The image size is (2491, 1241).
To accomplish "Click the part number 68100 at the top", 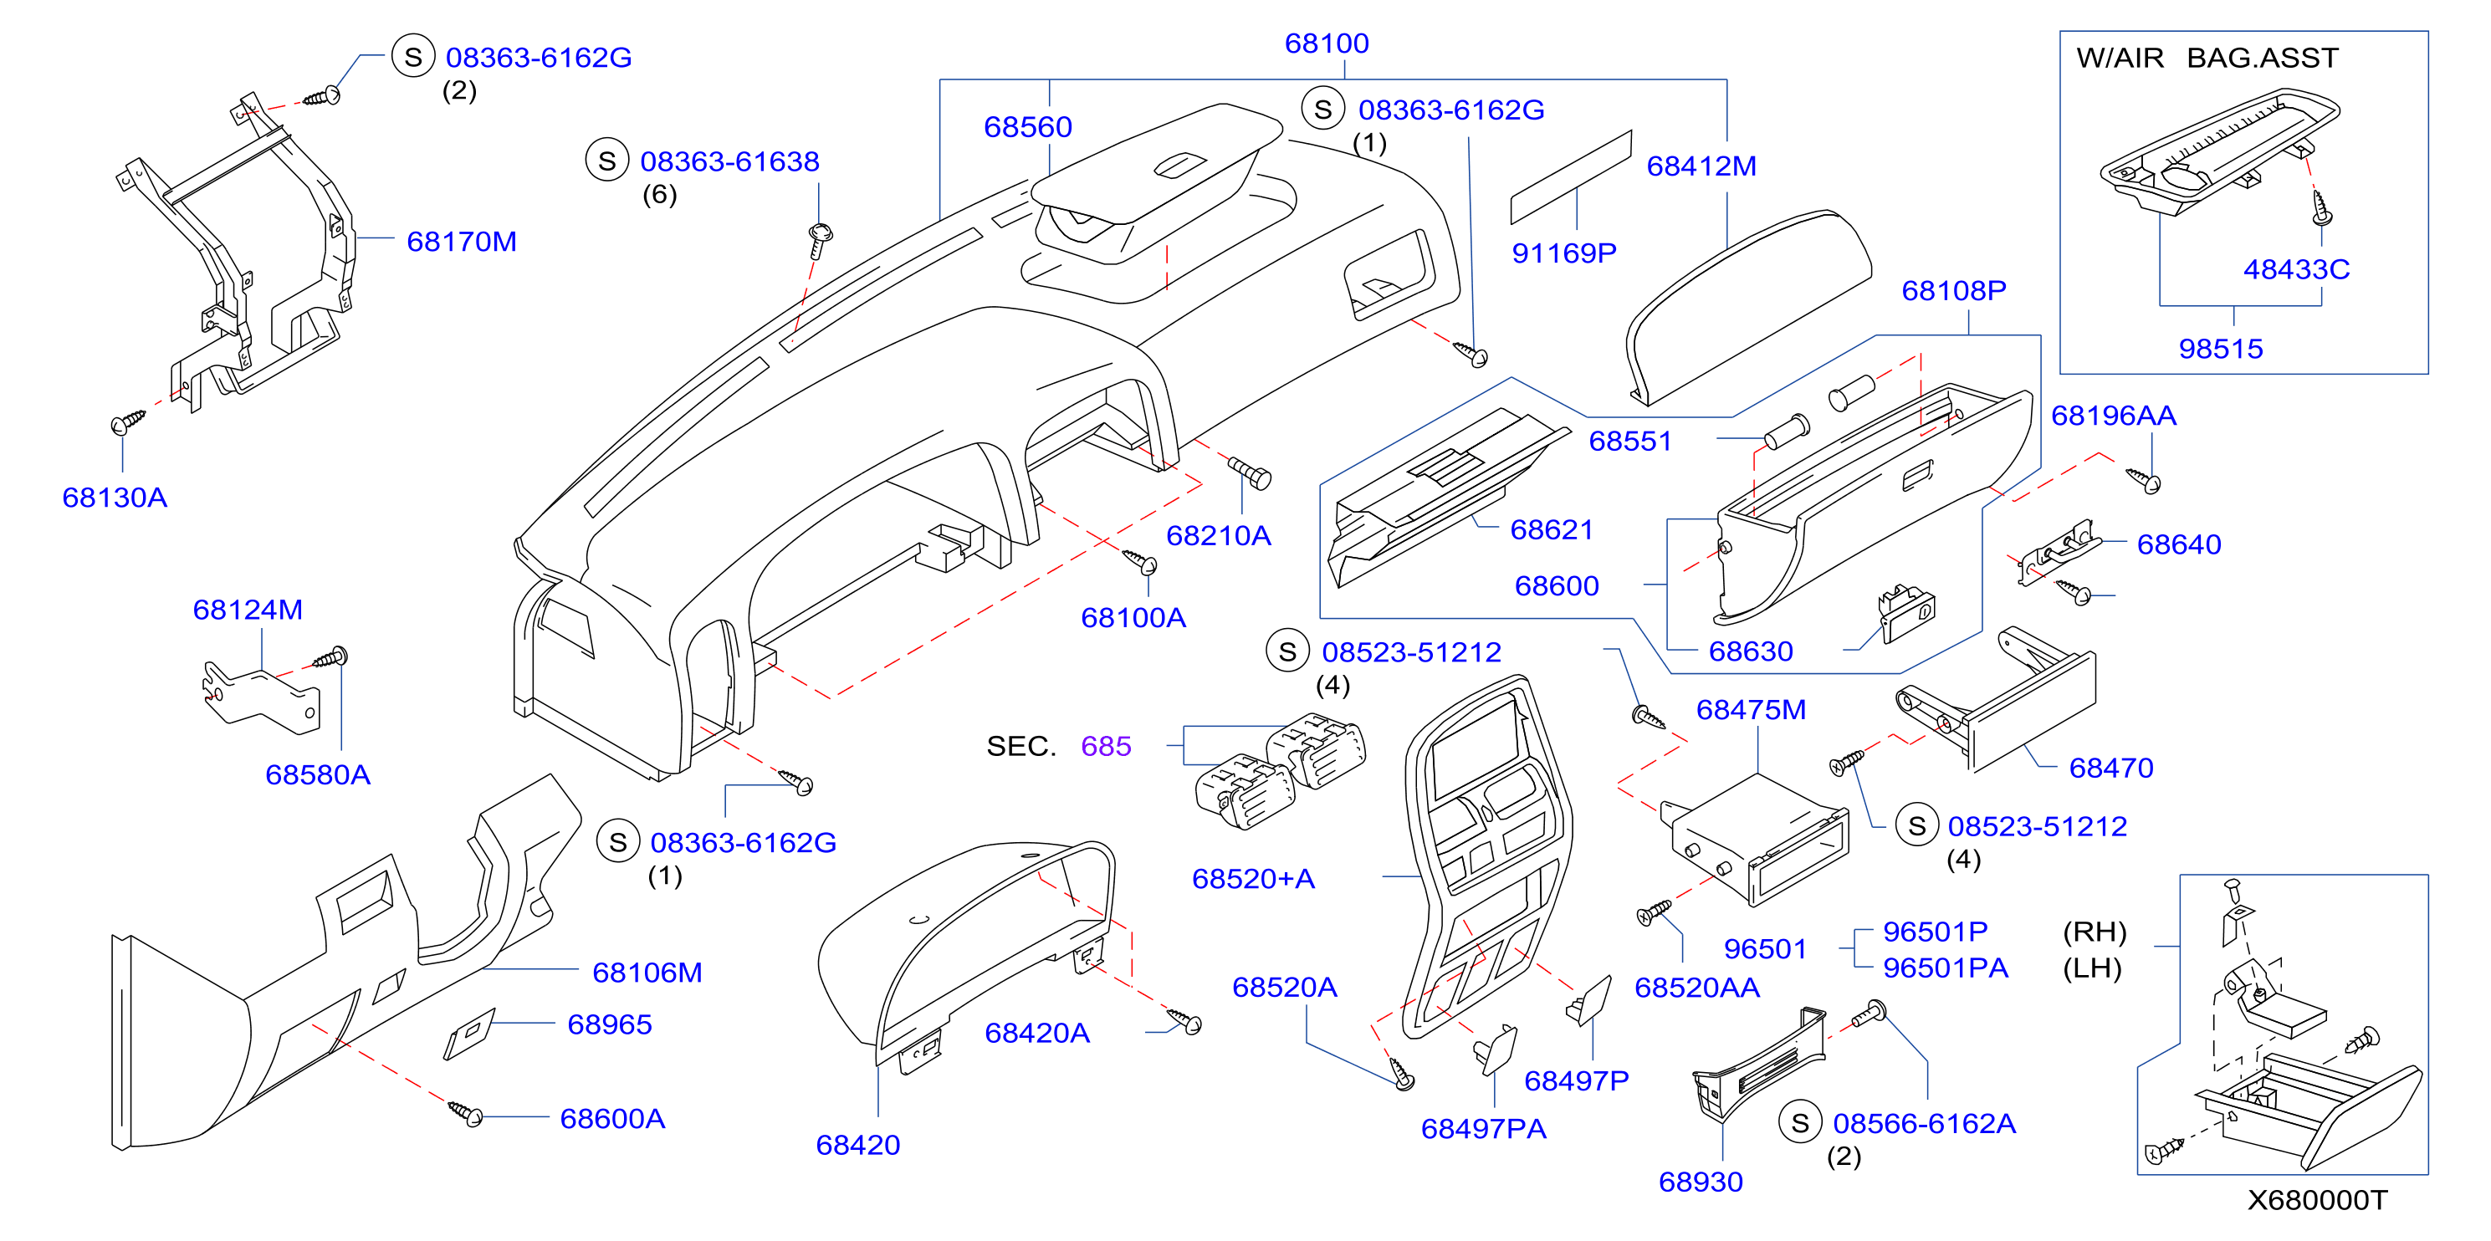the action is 1326,43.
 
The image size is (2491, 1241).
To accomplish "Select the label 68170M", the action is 461,242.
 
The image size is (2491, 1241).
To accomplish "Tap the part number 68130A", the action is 114,498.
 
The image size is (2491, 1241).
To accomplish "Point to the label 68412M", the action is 1701,166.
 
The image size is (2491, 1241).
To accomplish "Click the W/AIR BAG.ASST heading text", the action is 2207,58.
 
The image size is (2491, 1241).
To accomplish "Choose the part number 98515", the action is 2220,349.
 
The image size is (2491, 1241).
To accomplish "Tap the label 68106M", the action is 647,973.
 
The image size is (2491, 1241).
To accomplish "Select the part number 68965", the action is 609,1024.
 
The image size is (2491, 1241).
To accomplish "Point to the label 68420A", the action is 1036,1034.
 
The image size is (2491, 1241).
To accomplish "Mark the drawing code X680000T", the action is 2317,1200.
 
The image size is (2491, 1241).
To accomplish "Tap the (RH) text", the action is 2095,932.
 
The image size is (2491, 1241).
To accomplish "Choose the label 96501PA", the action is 1945,968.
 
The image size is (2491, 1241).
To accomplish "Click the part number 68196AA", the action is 2113,416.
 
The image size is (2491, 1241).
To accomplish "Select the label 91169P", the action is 1563,253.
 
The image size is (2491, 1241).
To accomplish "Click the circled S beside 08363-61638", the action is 606,161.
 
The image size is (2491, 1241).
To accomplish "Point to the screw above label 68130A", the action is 128,422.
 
